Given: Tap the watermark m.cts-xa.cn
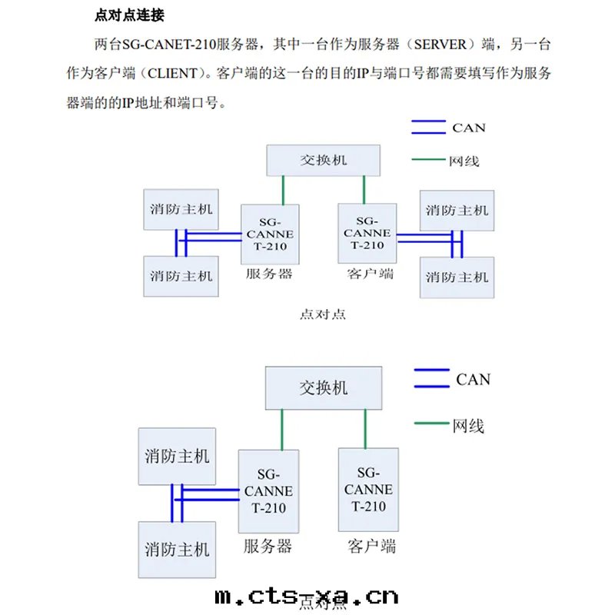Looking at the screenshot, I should coord(307,596).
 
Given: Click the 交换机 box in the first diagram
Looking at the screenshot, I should coord(323,159).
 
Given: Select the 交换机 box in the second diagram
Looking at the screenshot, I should coord(323,388).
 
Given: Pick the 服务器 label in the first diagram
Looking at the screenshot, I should coord(269,274).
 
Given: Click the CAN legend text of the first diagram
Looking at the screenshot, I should coord(469,128).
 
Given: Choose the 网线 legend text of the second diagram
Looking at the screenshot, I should coord(468,425).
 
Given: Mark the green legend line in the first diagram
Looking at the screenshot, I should coord(428,161).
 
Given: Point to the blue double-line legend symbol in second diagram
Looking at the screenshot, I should coord(431,379).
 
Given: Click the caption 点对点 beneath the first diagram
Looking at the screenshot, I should coord(322,313).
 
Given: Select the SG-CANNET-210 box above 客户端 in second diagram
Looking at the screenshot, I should coord(368,489).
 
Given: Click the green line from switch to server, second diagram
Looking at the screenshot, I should coord(282,430).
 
